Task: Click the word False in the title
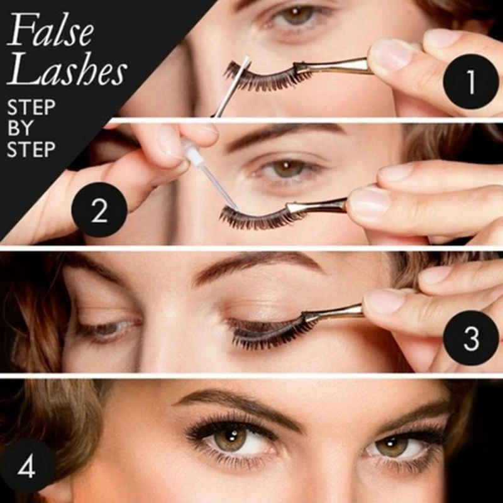point(50,30)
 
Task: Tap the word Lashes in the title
point(67,69)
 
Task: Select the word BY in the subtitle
point(20,128)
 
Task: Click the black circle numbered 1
point(470,82)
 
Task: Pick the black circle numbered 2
point(99,210)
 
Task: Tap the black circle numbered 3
point(470,338)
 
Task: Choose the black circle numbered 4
point(27,467)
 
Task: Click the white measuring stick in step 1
point(231,86)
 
